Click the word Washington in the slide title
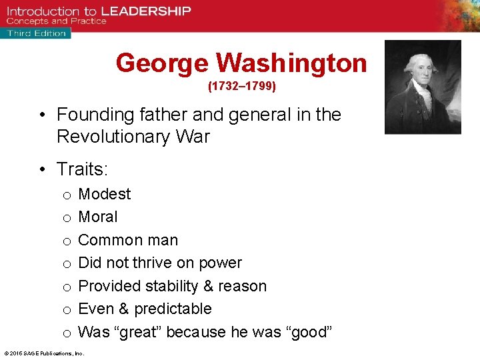[291, 63]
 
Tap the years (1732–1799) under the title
[241, 87]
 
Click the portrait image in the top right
[423, 87]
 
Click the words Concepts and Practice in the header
[56, 21]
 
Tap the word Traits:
[83, 169]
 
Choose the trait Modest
[105, 194]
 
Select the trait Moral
[98, 217]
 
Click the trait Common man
[128, 240]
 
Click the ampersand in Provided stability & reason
[207, 286]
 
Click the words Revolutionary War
[133, 137]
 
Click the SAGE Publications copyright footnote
[43, 353]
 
